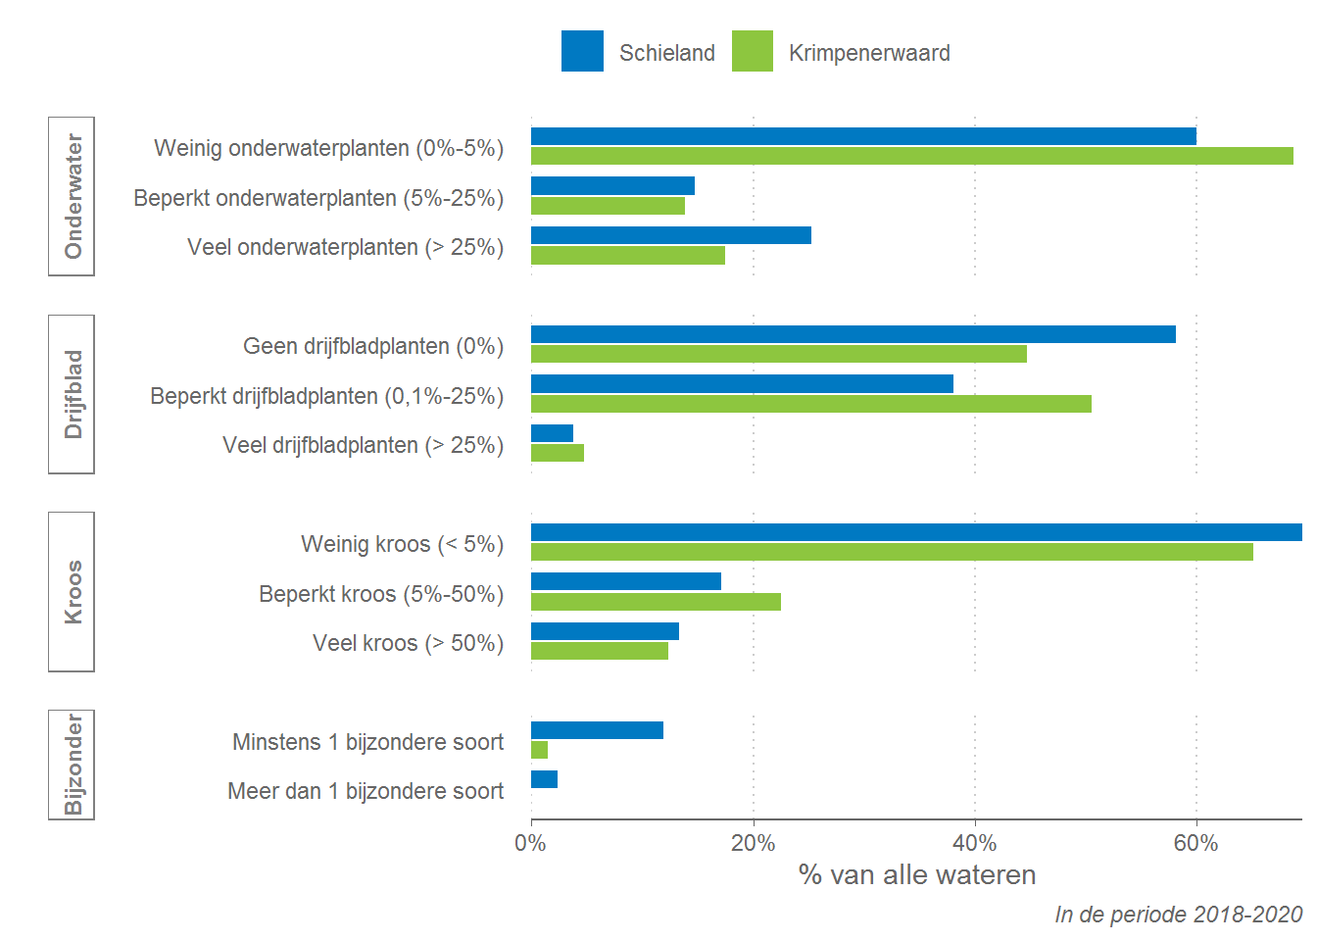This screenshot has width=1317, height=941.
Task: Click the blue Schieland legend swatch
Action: pyautogui.click(x=582, y=51)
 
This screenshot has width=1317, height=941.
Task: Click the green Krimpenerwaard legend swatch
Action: pyautogui.click(x=752, y=51)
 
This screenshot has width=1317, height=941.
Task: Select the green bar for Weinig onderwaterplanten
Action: pyautogui.click(x=911, y=156)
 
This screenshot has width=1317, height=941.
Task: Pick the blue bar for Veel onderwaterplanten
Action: pyautogui.click(x=670, y=235)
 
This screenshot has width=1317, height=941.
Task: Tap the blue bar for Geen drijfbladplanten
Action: pyautogui.click(x=853, y=334)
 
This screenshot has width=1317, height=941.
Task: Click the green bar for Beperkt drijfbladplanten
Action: pyautogui.click(x=810, y=404)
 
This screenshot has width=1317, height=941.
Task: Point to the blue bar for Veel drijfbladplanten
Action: pyautogui.click(x=552, y=433)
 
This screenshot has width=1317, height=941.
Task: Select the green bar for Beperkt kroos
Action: pyautogui.click(x=656, y=602)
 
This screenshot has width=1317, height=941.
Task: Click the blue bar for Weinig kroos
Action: pyautogui.click(x=916, y=532)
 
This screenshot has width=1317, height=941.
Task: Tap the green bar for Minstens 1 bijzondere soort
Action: pyautogui.click(x=539, y=750)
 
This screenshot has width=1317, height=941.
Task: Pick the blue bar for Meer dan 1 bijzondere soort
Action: pyautogui.click(x=544, y=779)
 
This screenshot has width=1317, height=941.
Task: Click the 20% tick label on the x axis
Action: pyautogui.click(x=753, y=844)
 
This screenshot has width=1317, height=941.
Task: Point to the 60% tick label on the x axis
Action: pyautogui.click(x=1195, y=844)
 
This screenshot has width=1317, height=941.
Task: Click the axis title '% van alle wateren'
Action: pyautogui.click(x=917, y=874)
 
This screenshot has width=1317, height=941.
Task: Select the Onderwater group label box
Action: pyautogui.click(x=72, y=196)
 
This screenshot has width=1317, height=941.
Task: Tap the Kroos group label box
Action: pyautogui.click(x=72, y=592)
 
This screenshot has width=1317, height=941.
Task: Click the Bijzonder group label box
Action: pyautogui.click(x=72, y=765)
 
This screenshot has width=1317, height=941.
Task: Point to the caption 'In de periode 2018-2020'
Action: pyautogui.click(x=1178, y=915)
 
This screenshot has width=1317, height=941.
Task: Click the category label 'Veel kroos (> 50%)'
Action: pyautogui.click(x=408, y=643)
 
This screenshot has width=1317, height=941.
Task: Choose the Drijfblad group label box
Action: pyautogui.click(x=72, y=394)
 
